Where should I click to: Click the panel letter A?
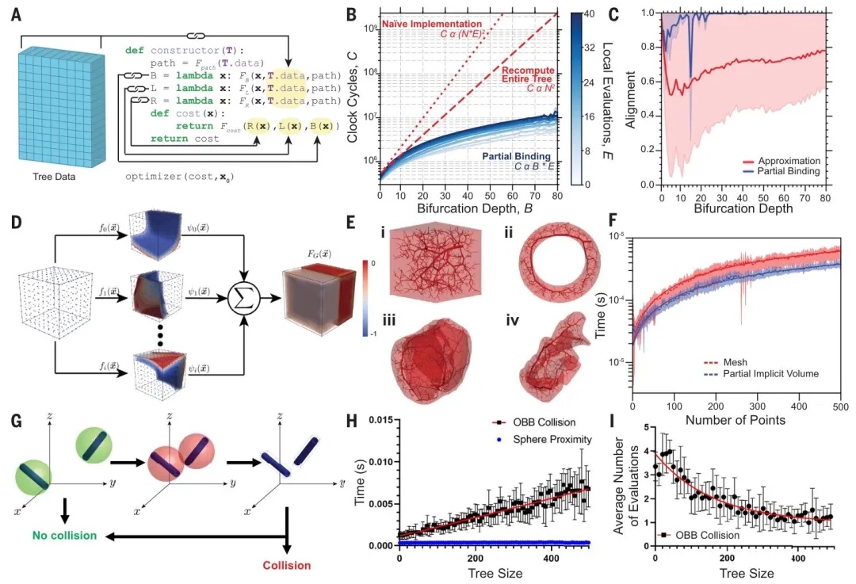[x=17, y=15]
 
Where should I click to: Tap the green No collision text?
[x=64, y=536]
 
